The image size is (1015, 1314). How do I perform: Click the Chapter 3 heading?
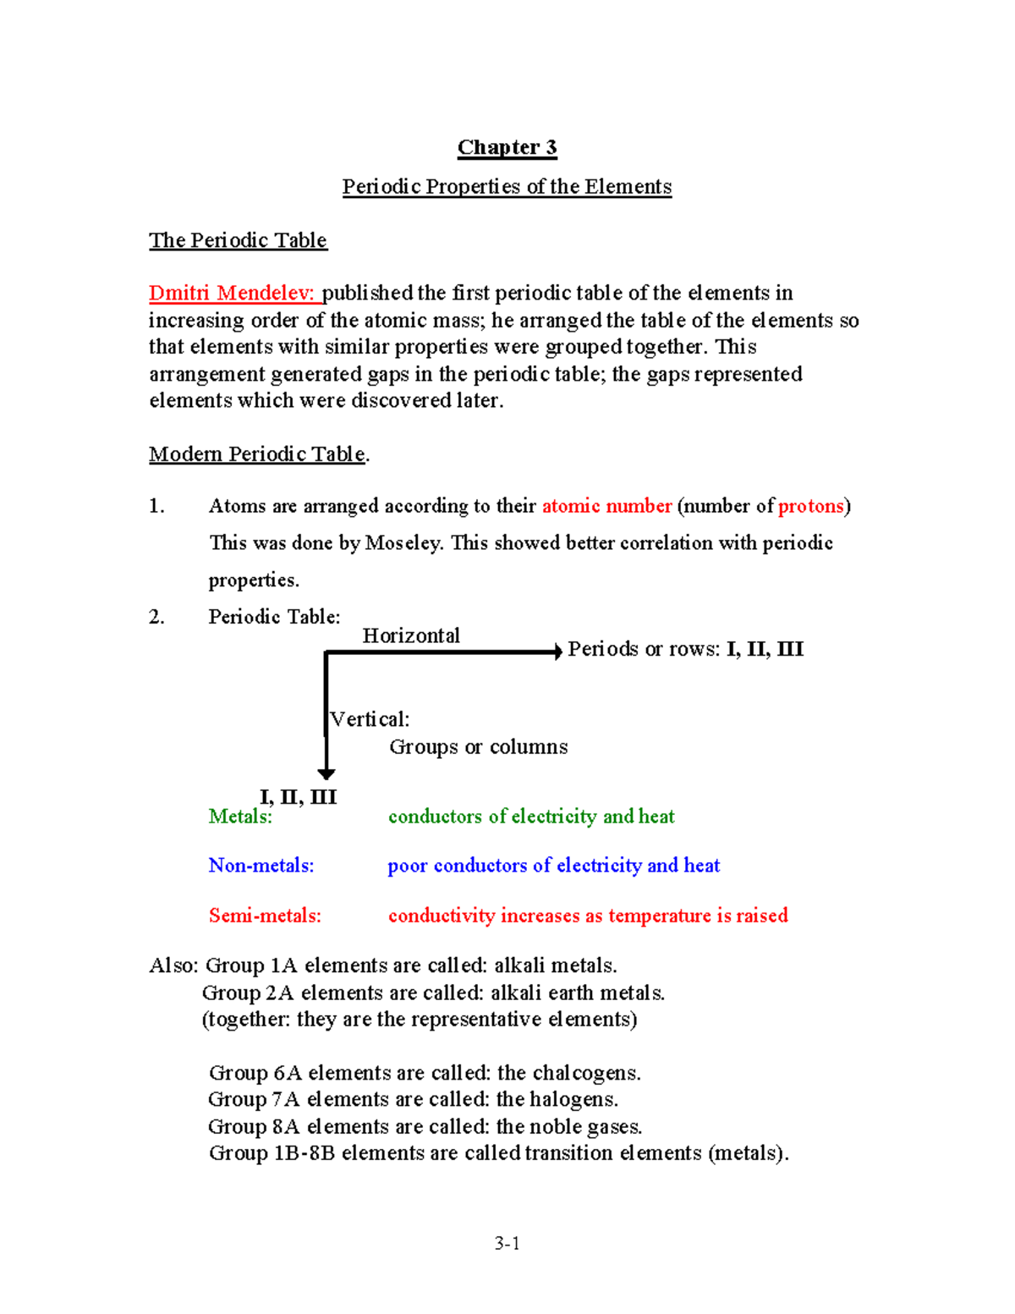pos(507,148)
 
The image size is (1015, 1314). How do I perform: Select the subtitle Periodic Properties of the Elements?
pos(507,187)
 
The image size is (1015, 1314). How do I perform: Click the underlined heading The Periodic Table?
pos(238,240)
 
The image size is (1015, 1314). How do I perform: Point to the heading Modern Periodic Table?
pos(258,454)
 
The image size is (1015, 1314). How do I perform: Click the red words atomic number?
pos(606,506)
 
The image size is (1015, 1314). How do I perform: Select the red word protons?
pos(811,506)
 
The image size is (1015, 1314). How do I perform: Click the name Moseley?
pos(403,543)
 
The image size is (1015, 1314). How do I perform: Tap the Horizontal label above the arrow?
pos(411,635)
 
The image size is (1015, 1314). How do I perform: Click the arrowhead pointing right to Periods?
pos(557,652)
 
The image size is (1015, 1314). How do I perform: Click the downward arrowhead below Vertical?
pos(326,773)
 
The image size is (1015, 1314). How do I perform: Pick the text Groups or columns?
pos(478,747)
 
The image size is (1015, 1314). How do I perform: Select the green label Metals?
pos(240,816)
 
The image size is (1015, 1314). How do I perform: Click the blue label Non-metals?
pos(261,866)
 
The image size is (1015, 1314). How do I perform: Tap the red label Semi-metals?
pos(265,915)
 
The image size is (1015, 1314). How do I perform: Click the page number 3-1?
pos(507,1243)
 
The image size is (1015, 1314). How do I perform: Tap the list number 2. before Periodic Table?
pos(156,617)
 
